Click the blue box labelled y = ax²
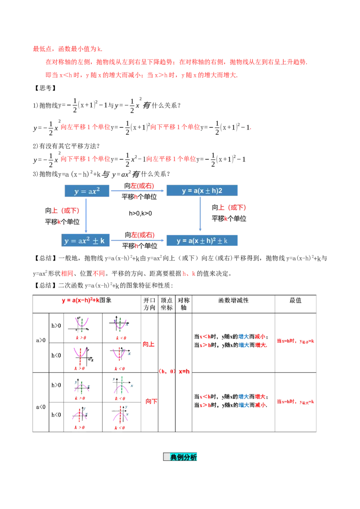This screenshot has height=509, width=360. (x=86, y=191)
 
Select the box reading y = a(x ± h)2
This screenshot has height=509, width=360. (x=203, y=191)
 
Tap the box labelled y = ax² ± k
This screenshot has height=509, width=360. (x=86, y=241)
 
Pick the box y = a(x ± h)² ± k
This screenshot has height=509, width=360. (x=203, y=241)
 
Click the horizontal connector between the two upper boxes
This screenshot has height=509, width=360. (x=139, y=191)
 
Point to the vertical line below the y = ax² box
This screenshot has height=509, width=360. (x=86, y=214)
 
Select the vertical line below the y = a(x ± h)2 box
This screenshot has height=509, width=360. (x=200, y=215)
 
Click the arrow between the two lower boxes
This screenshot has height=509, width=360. (x=139, y=240)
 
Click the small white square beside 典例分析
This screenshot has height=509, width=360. (x=166, y=457)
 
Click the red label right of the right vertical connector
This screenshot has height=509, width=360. (x=232, y=208)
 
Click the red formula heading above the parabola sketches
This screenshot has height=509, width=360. (x=80, y=301)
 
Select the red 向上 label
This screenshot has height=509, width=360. (x=148, y=344)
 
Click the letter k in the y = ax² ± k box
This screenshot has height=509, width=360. (x=103, y=241)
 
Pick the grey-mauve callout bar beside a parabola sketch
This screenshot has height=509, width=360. (x=131, y=358)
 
